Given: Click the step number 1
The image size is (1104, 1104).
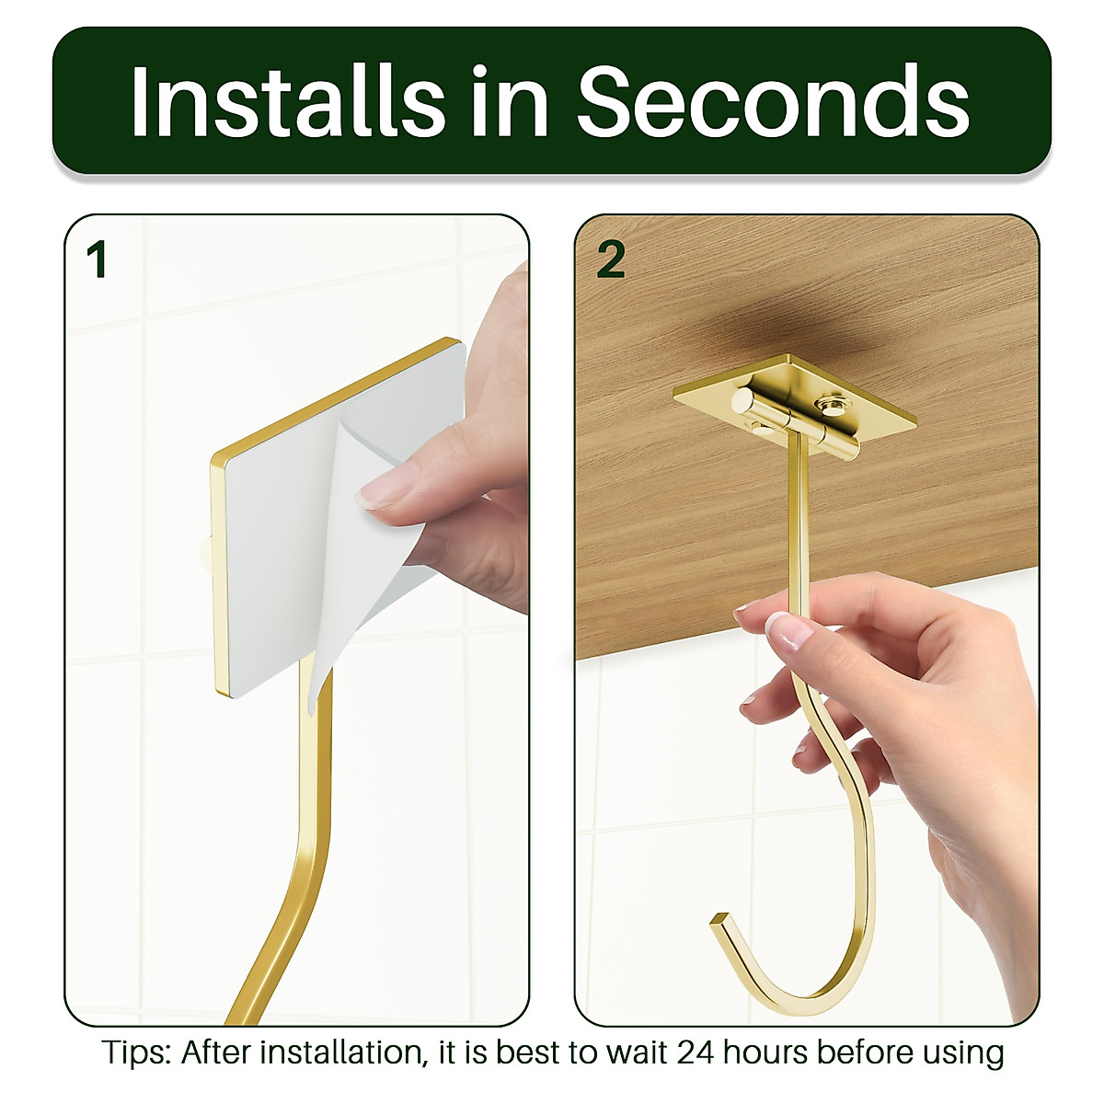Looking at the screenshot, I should (x=97, y=260).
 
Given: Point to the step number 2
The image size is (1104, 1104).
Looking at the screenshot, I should (x=611, y=260).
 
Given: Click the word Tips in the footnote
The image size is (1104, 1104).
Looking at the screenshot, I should (x=135, y=1052).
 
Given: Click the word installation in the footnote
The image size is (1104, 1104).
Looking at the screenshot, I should (x=340, y=1052).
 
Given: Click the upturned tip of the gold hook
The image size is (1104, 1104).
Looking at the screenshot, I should (x=719, y=919).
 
